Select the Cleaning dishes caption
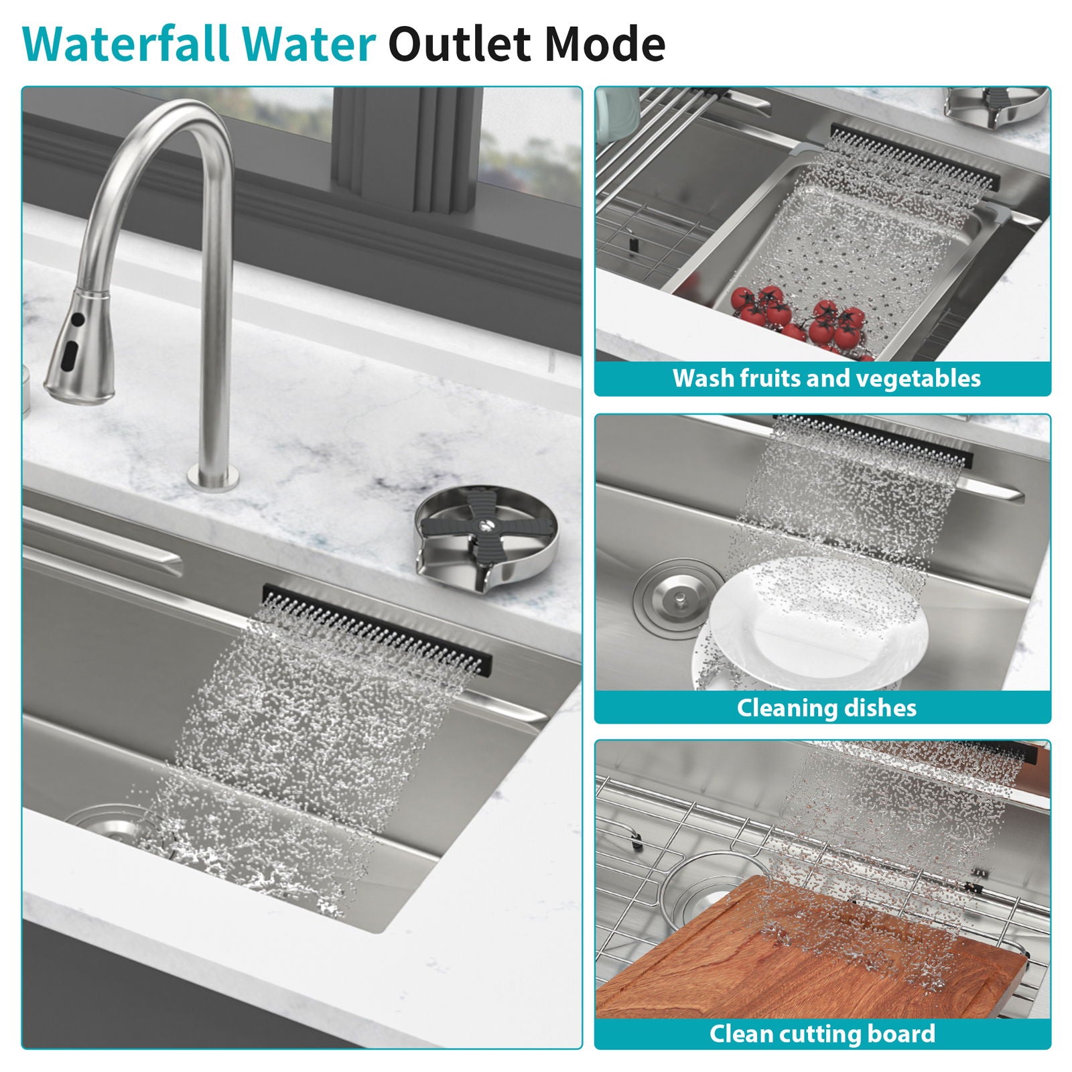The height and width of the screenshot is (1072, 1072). [x=826, y=708]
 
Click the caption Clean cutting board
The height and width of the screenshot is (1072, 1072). [x=822, y=1033]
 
